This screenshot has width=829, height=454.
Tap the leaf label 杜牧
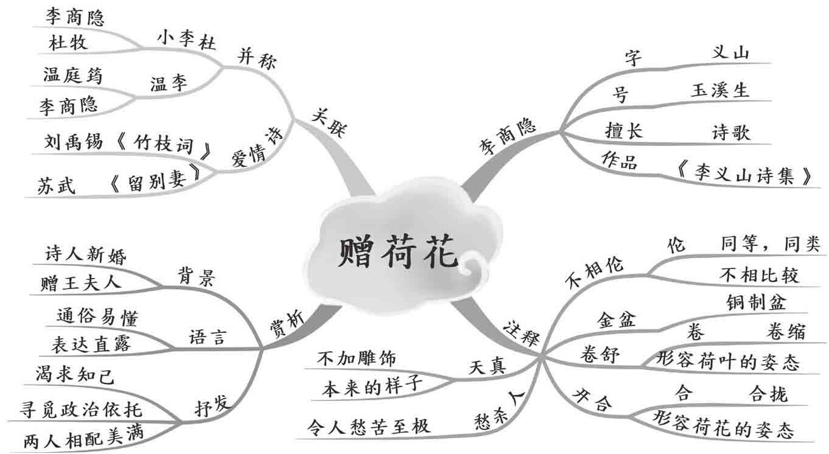point(68,43)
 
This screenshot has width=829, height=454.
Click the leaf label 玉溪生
point(719,91)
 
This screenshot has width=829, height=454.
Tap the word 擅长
point(623,130)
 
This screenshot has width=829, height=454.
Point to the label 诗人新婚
point(86,255)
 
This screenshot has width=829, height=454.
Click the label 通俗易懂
point(97,318)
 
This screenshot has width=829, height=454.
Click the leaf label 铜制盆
point(756,302)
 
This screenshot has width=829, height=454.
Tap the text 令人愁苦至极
point(369,425)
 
